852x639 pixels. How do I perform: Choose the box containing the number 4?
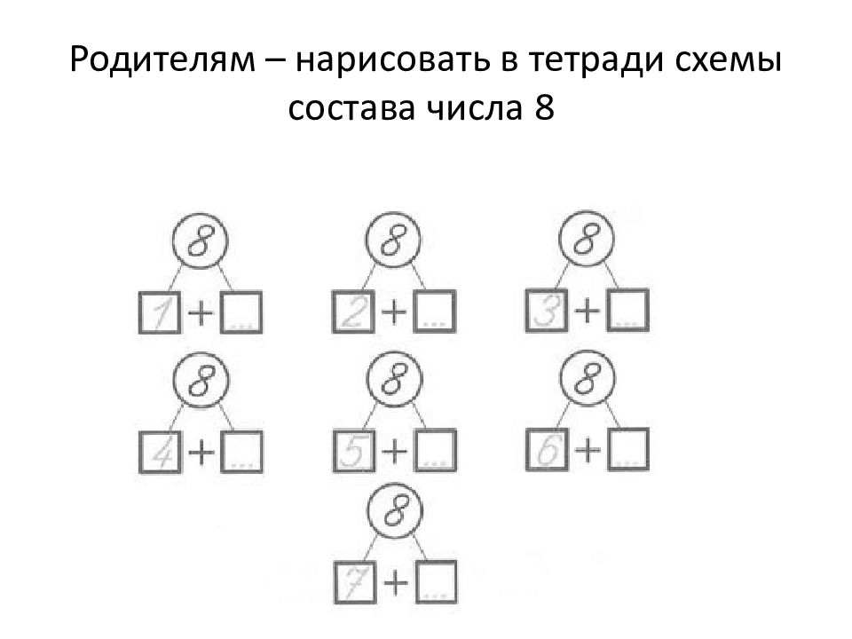161,451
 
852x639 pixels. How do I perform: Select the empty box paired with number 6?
627,449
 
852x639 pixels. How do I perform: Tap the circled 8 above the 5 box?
391,379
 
